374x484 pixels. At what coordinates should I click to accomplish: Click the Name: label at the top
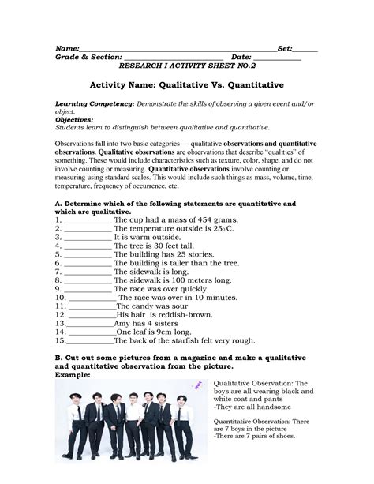(65, 49)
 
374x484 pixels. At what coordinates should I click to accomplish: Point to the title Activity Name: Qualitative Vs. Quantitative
(187, 83)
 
